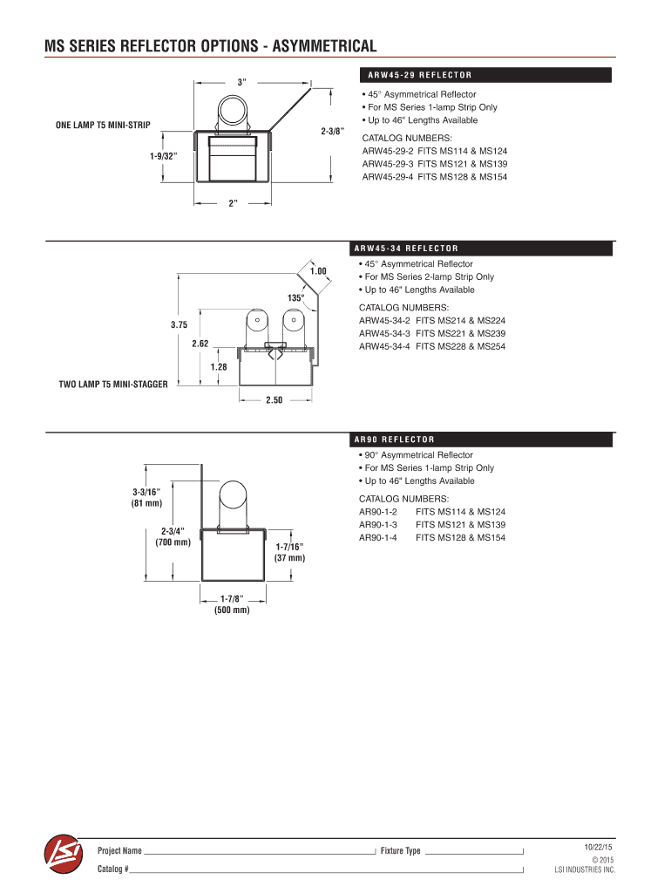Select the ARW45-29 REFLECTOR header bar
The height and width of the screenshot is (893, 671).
point(484,74)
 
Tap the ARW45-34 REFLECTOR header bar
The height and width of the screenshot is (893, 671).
point(484,248)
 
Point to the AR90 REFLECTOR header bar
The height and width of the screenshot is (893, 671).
point(484,439)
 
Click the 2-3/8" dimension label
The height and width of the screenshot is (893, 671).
point(332,132)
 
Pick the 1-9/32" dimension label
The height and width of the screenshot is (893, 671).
point(163,156)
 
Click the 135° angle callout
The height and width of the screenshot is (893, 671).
point(296,298)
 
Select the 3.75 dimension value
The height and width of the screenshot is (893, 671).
point(179,324)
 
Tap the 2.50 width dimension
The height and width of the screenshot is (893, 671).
point(275,400)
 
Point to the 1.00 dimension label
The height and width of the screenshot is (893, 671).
point(317,271)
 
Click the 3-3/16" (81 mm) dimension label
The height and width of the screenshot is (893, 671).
point(142,498)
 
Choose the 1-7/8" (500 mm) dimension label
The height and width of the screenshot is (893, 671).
point(232,604)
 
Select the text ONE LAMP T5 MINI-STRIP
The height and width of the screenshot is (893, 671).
point(103,126)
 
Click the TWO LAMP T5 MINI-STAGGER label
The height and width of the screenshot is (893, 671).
point(112,384)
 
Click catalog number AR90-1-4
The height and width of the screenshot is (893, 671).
point(378,538)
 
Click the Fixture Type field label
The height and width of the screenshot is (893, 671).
point(401,851)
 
